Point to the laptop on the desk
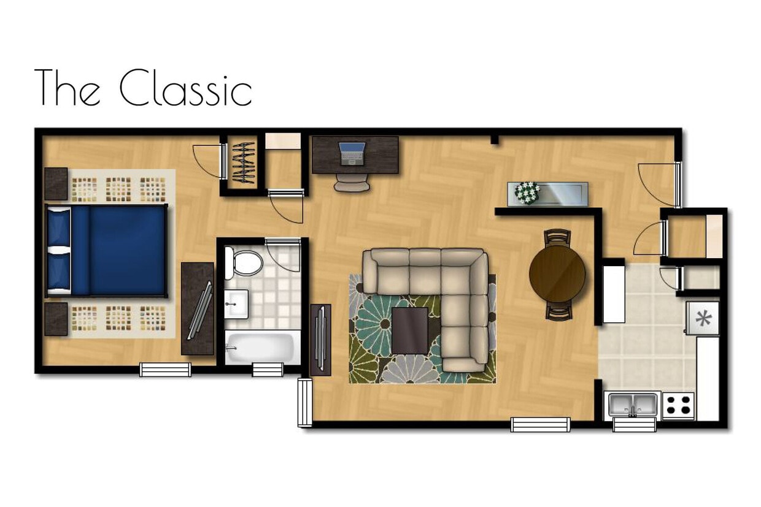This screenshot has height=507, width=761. coord(352,152)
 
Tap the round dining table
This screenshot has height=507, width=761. coord(557,273)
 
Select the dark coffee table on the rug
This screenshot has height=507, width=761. coord(409,330)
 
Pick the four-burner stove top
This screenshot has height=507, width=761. coord(678,405)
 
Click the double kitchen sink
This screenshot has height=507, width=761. coord(633,404)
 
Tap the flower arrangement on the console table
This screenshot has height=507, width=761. coord(527,192)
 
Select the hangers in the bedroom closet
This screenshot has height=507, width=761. coord(243,162)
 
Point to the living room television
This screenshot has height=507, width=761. coord(320,338)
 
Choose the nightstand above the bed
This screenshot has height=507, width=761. coord(56,184)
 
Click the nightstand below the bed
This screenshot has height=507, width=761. coord(56,318)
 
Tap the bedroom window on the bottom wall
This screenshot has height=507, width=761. coord(165,370)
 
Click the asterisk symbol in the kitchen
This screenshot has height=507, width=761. coord(703,318)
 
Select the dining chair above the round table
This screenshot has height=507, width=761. coord(557,236)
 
